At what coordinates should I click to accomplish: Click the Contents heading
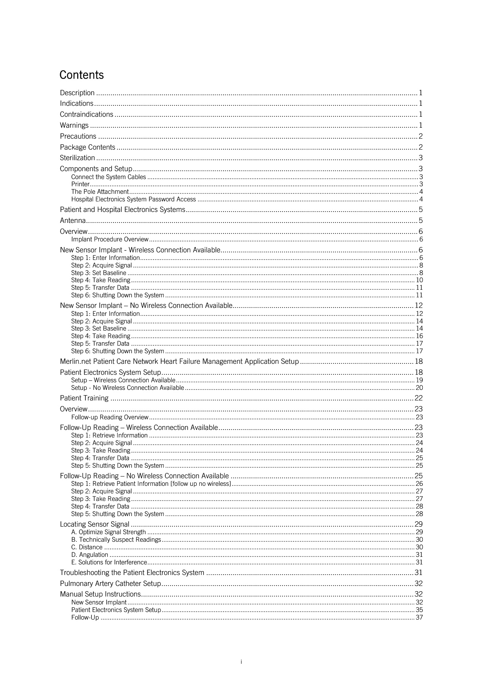(81, 75)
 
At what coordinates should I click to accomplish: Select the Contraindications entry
(87, 114)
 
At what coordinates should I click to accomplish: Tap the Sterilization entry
(78, 158)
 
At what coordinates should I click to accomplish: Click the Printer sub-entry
(80, 184)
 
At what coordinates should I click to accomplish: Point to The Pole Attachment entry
(100, 192)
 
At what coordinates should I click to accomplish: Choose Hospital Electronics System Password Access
(133, 199)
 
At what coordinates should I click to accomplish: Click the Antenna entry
(73, 221)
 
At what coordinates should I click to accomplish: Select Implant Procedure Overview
(110, 240)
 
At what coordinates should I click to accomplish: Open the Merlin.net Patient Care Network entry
(179, 362)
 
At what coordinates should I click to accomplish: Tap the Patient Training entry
(84, 398)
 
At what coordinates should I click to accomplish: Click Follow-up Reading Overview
(110, 417)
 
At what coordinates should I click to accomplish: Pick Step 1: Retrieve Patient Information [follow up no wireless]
(151, 484)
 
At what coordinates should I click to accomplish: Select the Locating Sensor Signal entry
(95, 524)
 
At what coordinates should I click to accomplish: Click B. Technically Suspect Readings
(116, 540)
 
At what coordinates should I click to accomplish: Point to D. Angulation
(90, 555)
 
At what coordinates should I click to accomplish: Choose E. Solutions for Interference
(109, 563)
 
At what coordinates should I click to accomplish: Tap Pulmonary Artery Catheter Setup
(110, 584)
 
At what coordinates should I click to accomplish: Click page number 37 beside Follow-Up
(419, 618)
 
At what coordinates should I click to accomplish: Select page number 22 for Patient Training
(419, 398)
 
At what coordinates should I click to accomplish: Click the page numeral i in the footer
(241, 662)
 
